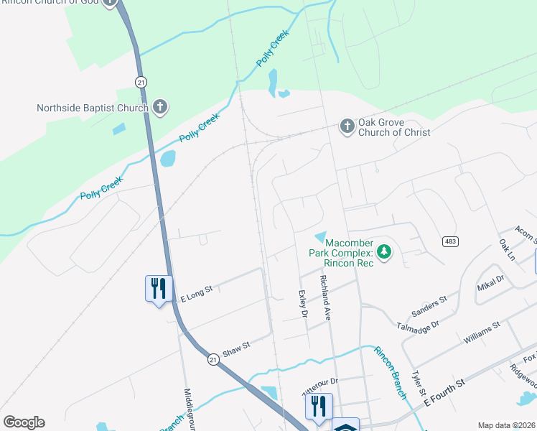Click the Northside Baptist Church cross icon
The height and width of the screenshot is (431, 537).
coord(159,108)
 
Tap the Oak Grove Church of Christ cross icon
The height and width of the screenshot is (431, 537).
coord(347,126)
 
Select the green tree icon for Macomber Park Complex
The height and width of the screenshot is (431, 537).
coord(384,252)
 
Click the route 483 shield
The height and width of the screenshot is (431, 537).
coord(450,241)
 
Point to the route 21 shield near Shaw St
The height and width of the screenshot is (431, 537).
coord(213,358)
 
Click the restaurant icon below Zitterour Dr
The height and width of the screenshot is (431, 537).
coord(319,406)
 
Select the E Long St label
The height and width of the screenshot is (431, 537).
coord(197,291)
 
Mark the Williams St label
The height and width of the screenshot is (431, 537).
coord(482,331)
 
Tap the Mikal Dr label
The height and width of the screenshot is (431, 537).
coord(490,282)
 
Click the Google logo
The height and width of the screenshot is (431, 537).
coord(24,422)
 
